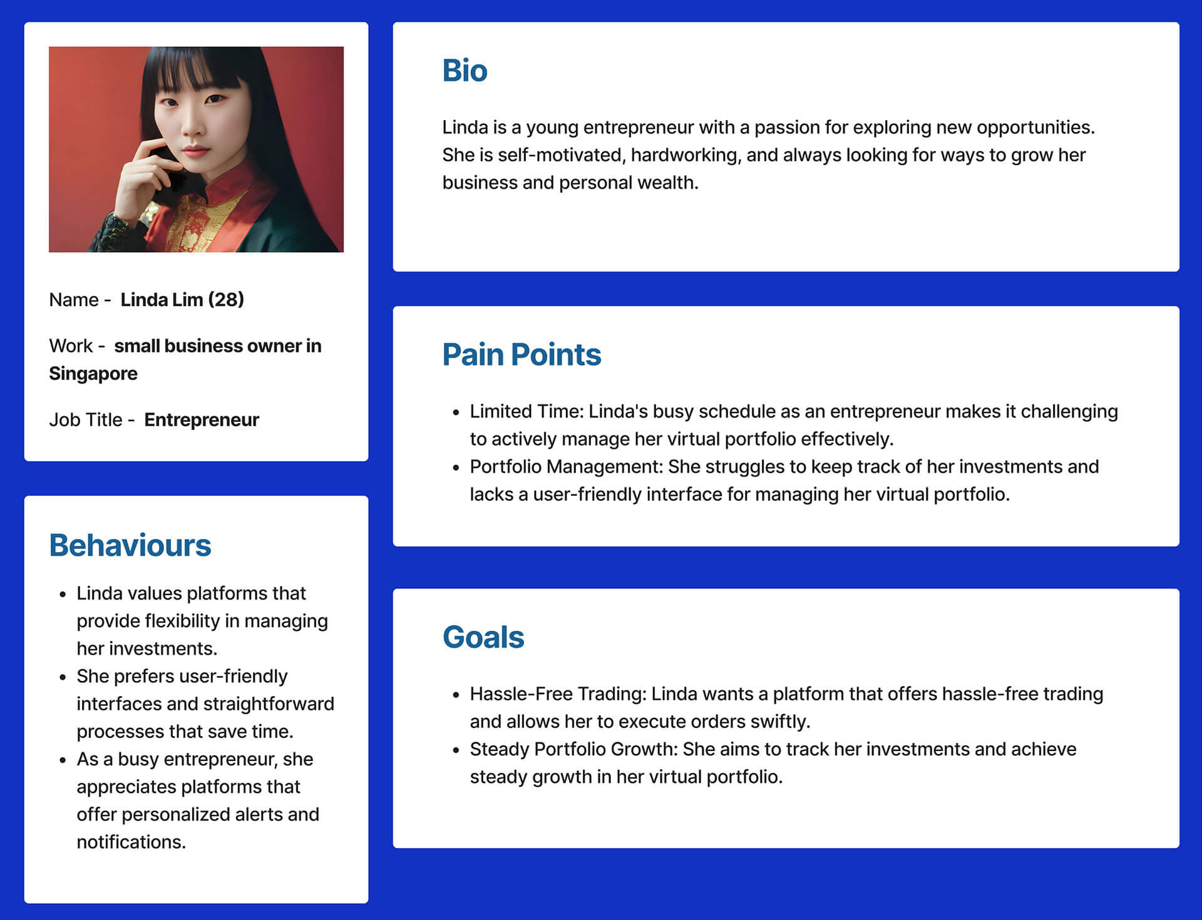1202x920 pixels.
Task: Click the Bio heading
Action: coord(465,70)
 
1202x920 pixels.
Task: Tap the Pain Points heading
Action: coord(521,354)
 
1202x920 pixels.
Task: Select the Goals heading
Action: coord(483,637)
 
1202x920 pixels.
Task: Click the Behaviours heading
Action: coord(130,545)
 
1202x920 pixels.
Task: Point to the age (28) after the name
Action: coord(226,300)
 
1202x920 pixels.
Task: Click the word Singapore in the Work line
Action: coord(93,374)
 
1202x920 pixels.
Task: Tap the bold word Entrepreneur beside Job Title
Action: coord(202,419)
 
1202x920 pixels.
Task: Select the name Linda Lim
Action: coord(162,300)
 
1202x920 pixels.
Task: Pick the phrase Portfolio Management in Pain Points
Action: coord(565,467)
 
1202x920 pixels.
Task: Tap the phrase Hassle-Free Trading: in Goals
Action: coord(558,694)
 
